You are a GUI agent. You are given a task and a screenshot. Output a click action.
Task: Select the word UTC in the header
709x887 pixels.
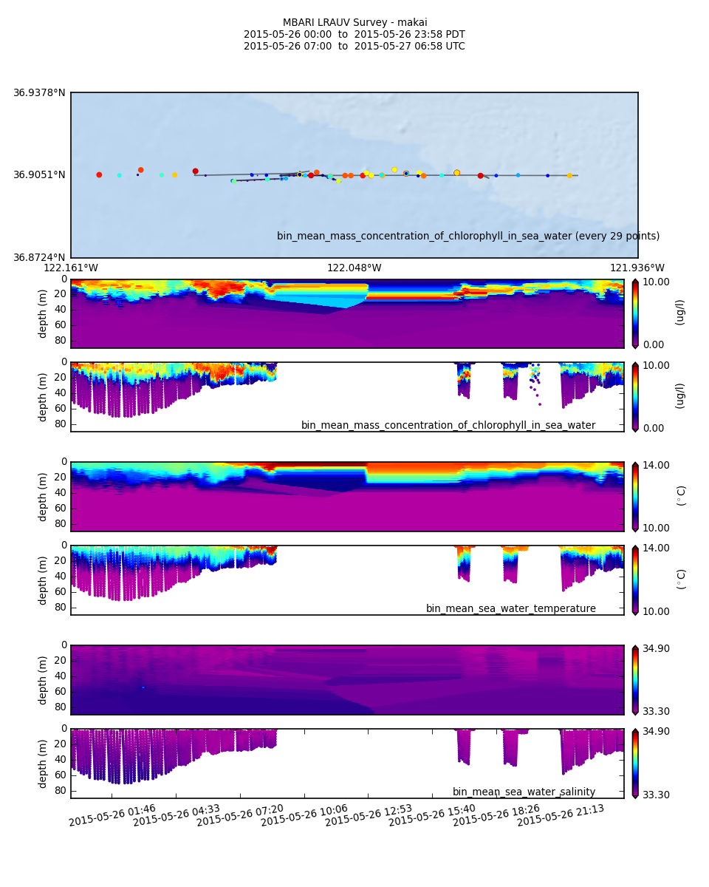click(453, 47)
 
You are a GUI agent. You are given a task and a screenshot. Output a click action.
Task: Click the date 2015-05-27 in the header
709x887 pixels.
click(380, 47)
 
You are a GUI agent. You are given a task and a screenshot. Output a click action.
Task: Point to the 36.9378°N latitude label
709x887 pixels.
click(39, 93)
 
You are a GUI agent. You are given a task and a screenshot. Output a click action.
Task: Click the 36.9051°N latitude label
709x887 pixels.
click(39, 175)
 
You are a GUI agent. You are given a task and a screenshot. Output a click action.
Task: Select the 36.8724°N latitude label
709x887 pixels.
click(39, 258)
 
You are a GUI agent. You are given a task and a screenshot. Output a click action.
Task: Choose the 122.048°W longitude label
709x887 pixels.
click(354, 268)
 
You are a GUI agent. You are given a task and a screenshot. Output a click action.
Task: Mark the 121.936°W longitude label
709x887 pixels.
click(637, 268)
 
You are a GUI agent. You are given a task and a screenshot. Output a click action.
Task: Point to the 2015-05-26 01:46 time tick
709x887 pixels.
click(112, 813)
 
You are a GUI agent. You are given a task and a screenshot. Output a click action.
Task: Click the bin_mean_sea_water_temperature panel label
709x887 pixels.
click(511, 609)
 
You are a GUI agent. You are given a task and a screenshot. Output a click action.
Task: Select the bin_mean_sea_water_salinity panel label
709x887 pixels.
click(524, 792)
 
